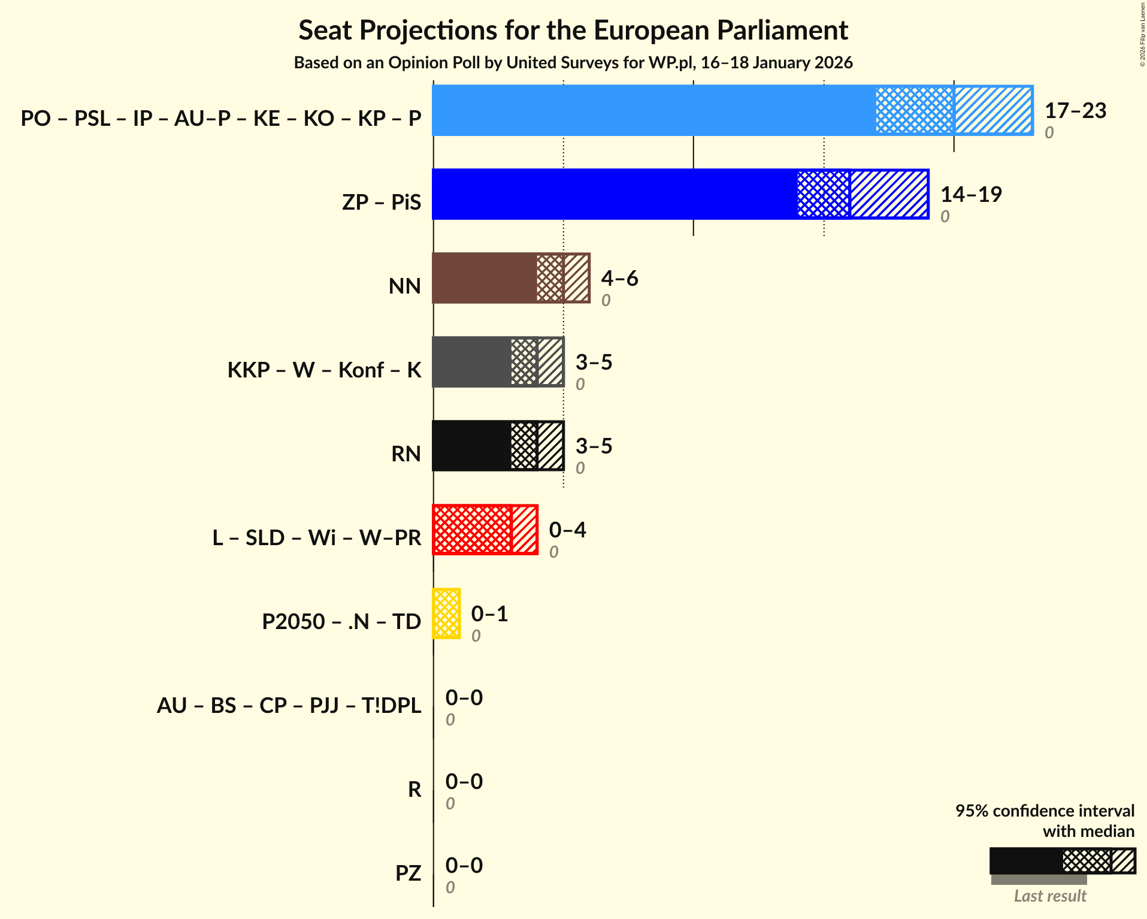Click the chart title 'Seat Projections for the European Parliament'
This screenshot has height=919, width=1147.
coord(573,31)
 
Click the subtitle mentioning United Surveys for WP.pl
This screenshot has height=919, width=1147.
coord(573,63)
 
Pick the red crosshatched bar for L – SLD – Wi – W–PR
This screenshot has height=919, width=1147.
coord(472,530)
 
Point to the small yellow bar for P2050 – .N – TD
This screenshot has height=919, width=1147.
coord(446,613)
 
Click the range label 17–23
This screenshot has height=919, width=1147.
coord(1075,111)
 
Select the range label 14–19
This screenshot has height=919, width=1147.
coord(971,195)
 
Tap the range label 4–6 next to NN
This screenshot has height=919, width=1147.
coord(619,279)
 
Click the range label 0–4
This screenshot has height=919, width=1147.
coord(567,530)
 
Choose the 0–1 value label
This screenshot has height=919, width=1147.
coord(489,614)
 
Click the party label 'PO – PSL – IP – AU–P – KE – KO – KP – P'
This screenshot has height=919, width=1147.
coord(221,119)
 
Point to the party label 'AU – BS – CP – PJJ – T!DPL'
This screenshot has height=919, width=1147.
coord(289,706)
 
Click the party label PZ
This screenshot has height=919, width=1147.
coord(408,873)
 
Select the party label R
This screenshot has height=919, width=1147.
coord(414,790)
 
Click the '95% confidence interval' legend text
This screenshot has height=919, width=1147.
coord(1045,811)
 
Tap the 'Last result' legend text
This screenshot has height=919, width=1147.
coord(1049,896)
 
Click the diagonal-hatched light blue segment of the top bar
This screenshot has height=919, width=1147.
coord(993,110)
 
